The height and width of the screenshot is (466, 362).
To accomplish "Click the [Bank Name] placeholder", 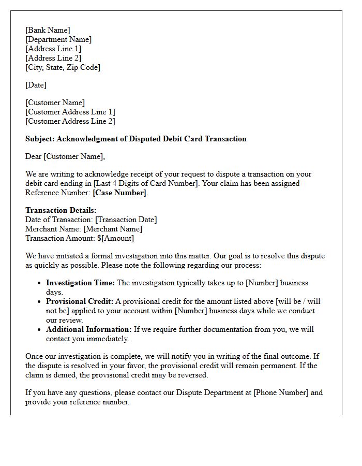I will coord(48,30).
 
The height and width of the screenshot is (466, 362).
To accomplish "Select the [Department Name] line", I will coord(58,39).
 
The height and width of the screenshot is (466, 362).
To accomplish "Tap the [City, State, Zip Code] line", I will coord(63,67).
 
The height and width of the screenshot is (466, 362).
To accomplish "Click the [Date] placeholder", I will coord(36,85).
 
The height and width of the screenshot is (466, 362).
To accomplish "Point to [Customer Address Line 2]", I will coord(70,121).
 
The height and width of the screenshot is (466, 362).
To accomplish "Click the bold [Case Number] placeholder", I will coord(119,193).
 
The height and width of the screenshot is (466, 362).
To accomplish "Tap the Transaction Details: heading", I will coord(61,210).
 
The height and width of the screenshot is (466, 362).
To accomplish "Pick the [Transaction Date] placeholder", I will coord(126,220).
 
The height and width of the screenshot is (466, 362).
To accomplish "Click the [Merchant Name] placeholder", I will coord(112,229).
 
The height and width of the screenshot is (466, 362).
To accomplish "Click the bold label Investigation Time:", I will coord(81,283).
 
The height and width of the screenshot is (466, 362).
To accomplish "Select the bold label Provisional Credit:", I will coord(80,301).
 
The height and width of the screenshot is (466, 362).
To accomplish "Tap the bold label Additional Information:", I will coord(89,329).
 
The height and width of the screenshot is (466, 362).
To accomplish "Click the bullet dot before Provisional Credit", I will coord(39,301).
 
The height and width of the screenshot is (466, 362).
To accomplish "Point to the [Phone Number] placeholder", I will coord(281,392).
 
